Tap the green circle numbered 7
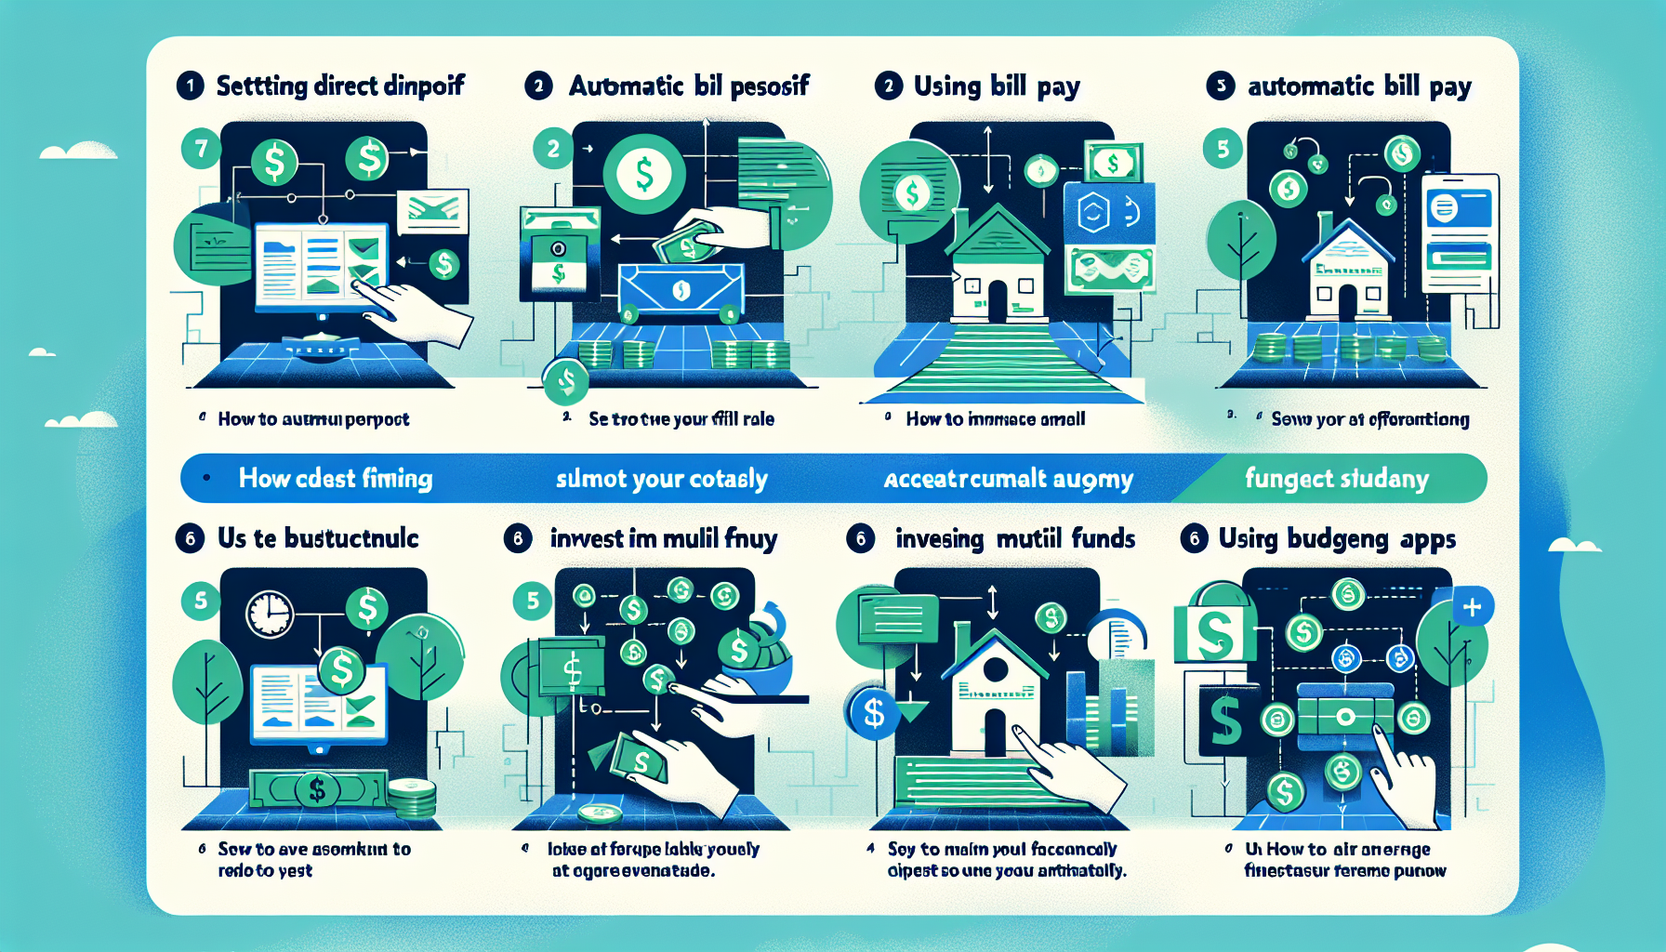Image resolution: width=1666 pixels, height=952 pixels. [201, 148]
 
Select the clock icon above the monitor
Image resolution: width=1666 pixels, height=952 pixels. [270, 615]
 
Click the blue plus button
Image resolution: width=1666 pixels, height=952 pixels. [1472, 608]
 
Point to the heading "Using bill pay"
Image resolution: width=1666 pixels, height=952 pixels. [996, 86]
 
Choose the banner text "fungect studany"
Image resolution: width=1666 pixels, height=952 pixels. [1336, 479]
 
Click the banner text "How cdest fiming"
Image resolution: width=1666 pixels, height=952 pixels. [335, 479]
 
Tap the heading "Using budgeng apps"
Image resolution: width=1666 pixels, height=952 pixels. [1337, 539]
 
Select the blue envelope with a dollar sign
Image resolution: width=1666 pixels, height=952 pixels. [681, 290]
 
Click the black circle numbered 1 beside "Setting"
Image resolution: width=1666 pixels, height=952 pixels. [190, 86]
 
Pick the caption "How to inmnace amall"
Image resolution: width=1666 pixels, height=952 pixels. [995, 419]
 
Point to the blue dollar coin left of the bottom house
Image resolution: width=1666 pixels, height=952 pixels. [873, 713]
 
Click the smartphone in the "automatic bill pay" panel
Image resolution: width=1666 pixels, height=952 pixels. [1459, 232]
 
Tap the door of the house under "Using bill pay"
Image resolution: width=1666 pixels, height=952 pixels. [997, 301]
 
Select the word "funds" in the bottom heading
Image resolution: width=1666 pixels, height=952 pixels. [1103, 539]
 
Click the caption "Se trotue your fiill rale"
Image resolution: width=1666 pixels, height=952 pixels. [681, 419]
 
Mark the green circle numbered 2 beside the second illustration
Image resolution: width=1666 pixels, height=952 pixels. [553, 149]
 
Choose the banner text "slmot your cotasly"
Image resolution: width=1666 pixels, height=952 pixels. [661, 479]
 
